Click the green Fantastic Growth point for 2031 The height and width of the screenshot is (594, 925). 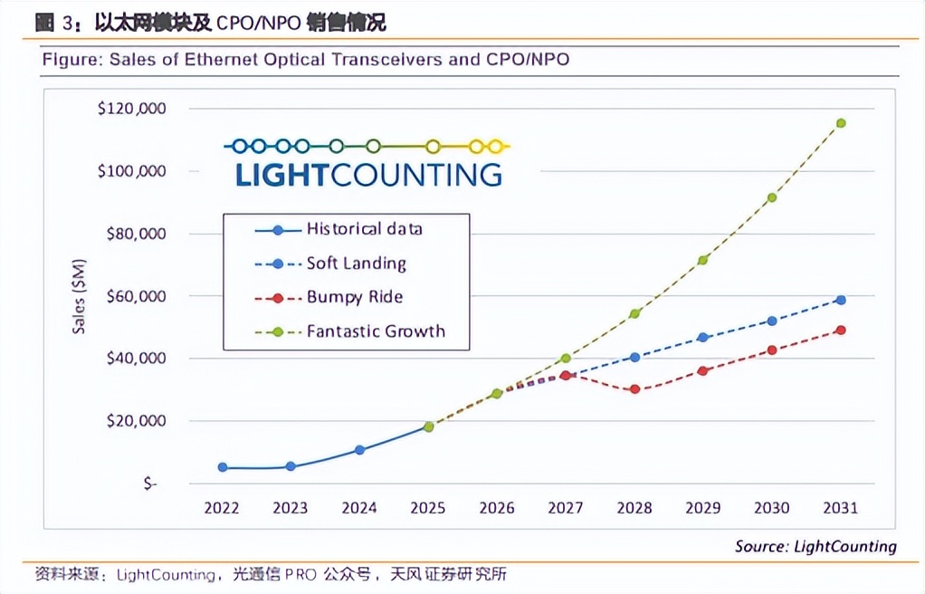(841, 123)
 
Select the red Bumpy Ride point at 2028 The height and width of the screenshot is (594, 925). (634, 389)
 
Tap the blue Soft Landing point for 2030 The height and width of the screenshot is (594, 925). (772, 321)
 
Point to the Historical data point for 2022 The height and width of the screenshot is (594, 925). (222, 467)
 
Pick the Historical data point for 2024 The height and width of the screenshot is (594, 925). (359, 450)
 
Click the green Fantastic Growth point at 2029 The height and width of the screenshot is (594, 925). (703, 260)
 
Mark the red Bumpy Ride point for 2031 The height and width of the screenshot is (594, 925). (841, 331)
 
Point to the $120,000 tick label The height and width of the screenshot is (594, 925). (131, 109)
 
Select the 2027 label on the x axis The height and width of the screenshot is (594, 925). (566, 508)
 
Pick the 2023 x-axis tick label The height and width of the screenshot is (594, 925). (291, 508)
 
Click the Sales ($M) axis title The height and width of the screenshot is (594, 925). (80, 296)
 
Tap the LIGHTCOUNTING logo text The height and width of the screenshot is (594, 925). (368, 174)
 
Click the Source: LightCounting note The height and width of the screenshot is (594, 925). (815, 546)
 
